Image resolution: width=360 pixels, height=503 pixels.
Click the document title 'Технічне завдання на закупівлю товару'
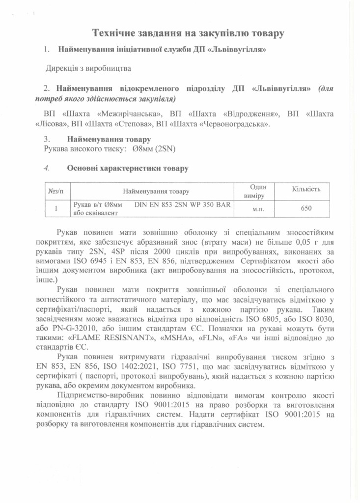189,34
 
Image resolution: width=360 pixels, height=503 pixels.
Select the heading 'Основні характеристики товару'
128,168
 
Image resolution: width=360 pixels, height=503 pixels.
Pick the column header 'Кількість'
306,189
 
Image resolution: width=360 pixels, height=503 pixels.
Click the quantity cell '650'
306,209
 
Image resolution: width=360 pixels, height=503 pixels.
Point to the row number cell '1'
57,209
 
